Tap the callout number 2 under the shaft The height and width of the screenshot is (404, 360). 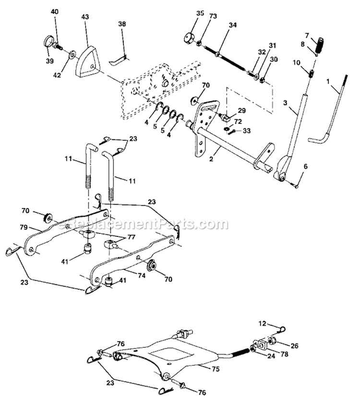[x=212, y=150]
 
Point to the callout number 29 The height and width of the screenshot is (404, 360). [x=242, y=110]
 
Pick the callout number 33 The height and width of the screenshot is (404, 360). [x=247, y=130]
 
